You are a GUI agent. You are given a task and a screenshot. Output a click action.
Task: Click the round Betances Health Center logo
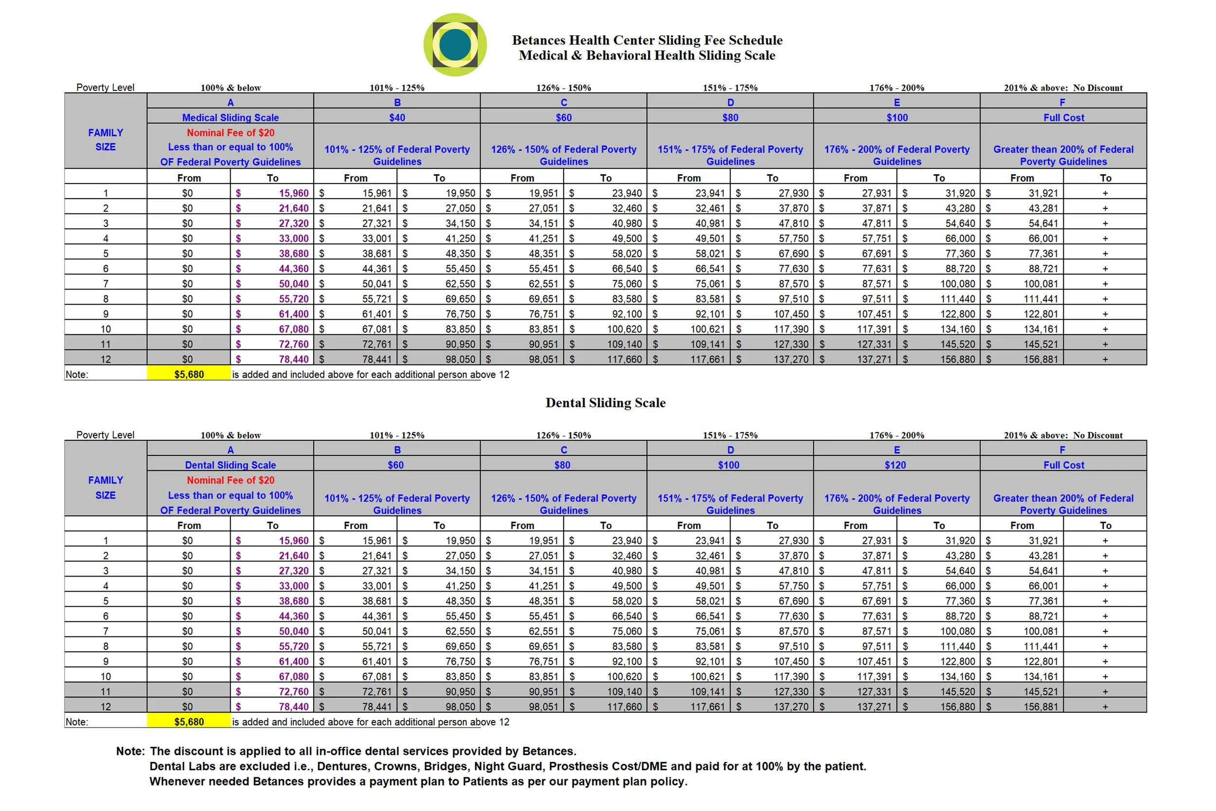pyautogui.click(x=454, y=44)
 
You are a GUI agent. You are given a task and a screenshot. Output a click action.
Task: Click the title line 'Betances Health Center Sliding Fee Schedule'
pyautogui.click(x=647, y=40)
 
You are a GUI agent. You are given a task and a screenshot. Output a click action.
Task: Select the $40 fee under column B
pyautogui.click(x=396, y=117)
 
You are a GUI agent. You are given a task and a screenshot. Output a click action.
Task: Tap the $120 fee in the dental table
pyautogui.click(x=895, y=465)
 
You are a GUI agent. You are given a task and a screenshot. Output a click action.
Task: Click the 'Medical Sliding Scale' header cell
pyautogui.click(x=230, y=117)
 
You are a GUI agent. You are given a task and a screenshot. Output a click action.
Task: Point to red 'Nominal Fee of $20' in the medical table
pyautogui.click(x=230, y=132)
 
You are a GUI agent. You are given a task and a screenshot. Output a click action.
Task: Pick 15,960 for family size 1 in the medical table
pyautogui.click(x=293, y=193)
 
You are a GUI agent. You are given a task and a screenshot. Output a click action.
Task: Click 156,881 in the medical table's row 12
pyautogui.click(x=1040, y=359)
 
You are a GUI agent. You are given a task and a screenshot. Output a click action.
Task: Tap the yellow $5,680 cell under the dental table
pyautogui.click(x=189, y=721)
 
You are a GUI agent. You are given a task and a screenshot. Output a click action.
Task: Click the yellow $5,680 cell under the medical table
pyautogui.click(x=189, y=374)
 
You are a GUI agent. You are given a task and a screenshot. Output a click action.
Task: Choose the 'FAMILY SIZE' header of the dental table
pyautogui.click(x=106, y=487)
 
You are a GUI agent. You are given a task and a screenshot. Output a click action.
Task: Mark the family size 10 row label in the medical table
pyautogui.click(x=106, y=329)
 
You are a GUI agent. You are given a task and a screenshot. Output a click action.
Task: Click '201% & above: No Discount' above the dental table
pyautogui.click(x=1063, y=435)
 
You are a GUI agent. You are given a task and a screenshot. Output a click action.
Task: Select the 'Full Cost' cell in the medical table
pyautogui.click(x=1063, y=117)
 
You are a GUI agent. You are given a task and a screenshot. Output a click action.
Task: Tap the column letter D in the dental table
pyautogui.click(x=730, y=450)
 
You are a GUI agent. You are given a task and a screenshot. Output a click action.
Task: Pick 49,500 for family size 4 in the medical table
pyautogui.click(x=626, y=238)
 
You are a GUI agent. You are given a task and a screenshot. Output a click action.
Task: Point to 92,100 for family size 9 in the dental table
pyautogui.click(x=626, y=661)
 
